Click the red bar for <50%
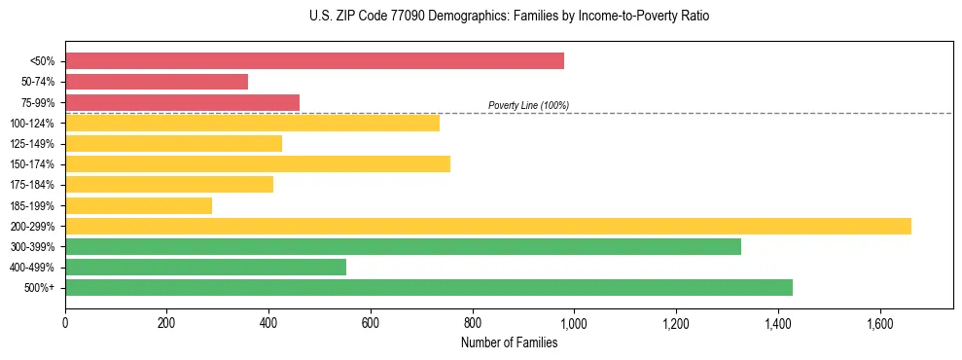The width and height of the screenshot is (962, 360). click(314, 61)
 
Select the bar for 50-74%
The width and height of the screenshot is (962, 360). click(157, 82)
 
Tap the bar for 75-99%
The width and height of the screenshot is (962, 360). click(182, 102)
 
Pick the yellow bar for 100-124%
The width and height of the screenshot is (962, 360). click(252, 123)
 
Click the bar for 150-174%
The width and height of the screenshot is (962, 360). click(258, 163)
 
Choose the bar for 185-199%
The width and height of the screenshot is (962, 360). click(138, 205)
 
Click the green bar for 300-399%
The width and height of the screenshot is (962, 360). click(403, 246)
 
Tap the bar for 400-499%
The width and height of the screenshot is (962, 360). click(205, 267)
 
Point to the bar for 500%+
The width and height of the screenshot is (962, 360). click(429, 287)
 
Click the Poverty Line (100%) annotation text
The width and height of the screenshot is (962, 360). click(528, 105)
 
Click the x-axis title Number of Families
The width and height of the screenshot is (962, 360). click(509, 342)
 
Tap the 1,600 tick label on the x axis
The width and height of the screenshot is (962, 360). click(879, 323)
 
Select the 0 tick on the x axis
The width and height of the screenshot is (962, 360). click(65, 323)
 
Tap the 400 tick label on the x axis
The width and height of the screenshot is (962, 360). click(268, 323)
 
